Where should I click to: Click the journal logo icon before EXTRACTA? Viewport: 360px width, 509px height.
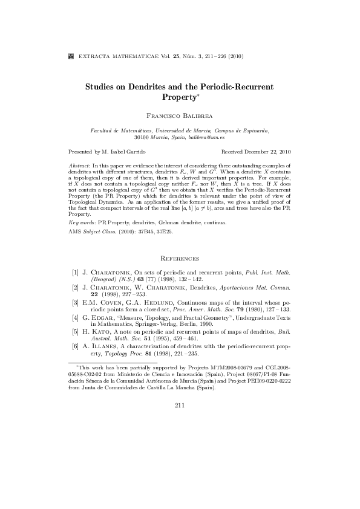tap(70, 57)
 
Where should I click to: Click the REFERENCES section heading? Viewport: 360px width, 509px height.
tap(180, 258)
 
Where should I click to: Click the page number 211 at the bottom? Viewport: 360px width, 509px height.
tap(179, 406)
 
